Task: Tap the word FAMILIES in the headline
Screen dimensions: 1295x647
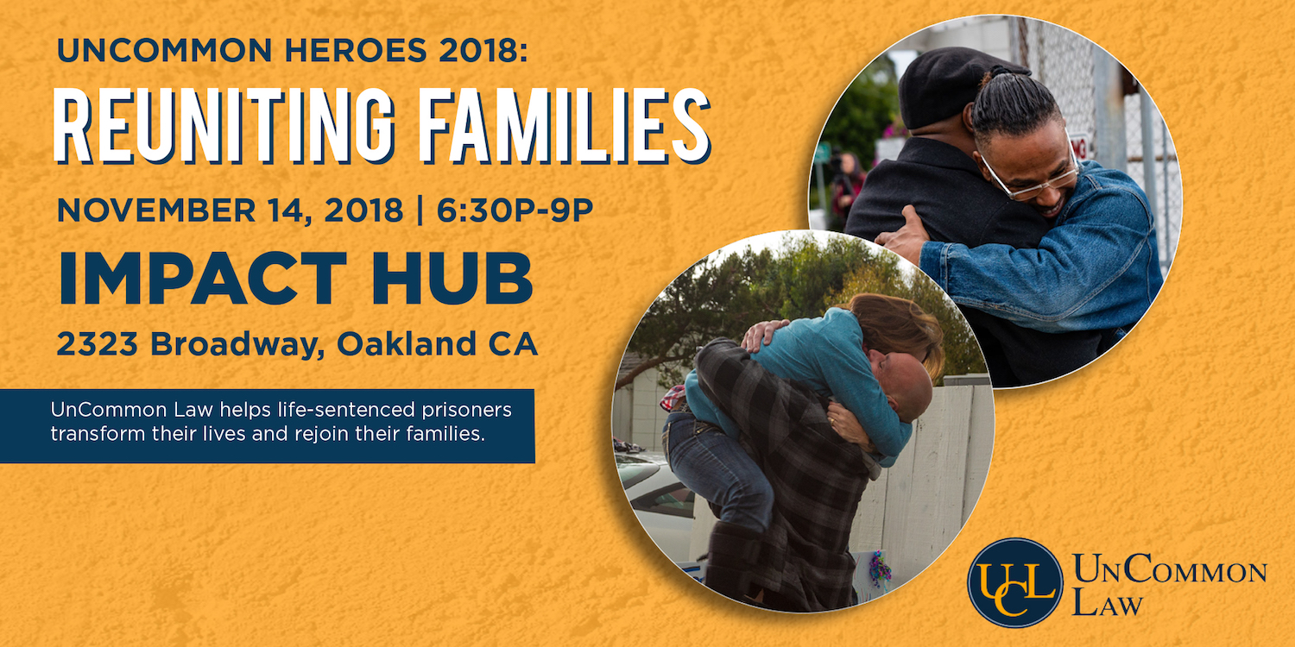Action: pyautogui.click(x=565, y=125)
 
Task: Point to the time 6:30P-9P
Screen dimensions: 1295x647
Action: pyautogui.click(x=515, y=210)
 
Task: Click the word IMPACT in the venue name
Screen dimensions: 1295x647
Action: pyautogui.click(x=202, y=278)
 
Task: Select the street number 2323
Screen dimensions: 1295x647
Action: pyautogui.click(x=97, y=343)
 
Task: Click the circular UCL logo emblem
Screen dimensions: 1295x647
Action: pyautogui.click(x=1015, y=583)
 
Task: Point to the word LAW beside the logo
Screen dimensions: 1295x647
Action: pyautogui.click(x=1108, y=603)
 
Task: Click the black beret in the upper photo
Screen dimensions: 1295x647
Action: pyautogui.click(x=954, y=85)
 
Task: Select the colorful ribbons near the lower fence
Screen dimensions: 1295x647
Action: pyautogui.click(x=880, y=569)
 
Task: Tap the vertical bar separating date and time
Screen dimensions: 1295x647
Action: pyautogui.click(x=420, y=210)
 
